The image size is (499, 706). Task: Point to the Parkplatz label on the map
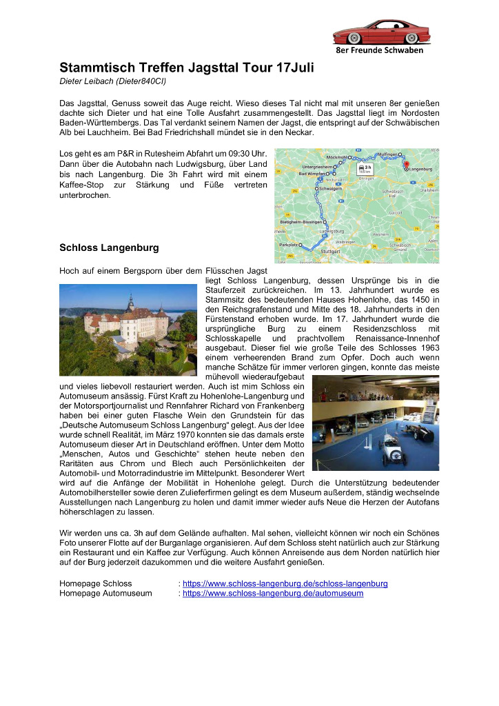pyautogui.click(x=287, y=245)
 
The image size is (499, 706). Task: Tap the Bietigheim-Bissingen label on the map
pyautogui.click(x=301, y=222)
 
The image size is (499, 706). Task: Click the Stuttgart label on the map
pyautogui.click(x=330, y=252)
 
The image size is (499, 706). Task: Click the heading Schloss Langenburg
pyautogui.click(x=109, y=247)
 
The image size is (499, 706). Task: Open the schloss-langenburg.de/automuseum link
pyautogui.click(x=273, y=593)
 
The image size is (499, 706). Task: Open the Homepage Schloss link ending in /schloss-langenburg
pyautogui.click(x=285, y=583)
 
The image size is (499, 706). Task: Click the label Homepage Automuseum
pyautogui.click(x=105, y=593)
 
